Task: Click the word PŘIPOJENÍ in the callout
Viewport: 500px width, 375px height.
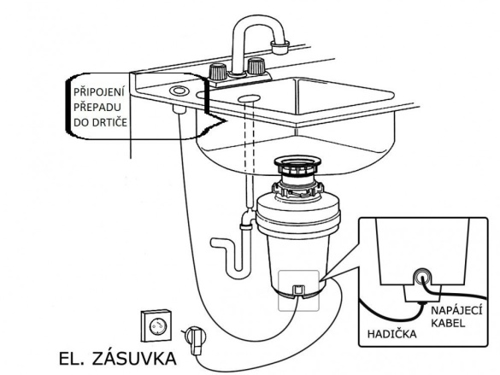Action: (x=98, y=92)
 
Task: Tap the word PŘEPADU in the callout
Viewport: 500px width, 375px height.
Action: (x=97, y=107)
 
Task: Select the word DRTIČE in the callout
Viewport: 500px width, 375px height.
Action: (x=110, y=122)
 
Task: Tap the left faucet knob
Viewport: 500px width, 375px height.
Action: (x=218, y=72)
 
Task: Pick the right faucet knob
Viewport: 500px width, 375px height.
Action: (x=256, y=67)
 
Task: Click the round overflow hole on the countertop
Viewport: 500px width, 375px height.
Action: (x=179, y=91)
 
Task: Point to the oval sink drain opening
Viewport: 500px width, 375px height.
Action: (x=249, y=98)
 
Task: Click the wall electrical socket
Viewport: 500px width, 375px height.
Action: (x=156, y=325)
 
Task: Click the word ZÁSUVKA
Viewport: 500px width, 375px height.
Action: (x=134, y=359)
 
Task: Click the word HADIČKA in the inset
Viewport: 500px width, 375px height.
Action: (x=392, y=334)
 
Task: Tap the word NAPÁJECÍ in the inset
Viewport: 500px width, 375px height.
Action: (x=456, y=311)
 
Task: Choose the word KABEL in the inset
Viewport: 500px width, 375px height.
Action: (x=448, y=324)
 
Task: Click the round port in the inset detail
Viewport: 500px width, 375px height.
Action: (x=422, y=277)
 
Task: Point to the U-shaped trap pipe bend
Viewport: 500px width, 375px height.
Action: (x=238, y=274)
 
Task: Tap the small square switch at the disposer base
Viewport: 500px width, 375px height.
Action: (x=298, y=290)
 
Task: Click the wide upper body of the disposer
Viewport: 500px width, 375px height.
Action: (x=298, y=217)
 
